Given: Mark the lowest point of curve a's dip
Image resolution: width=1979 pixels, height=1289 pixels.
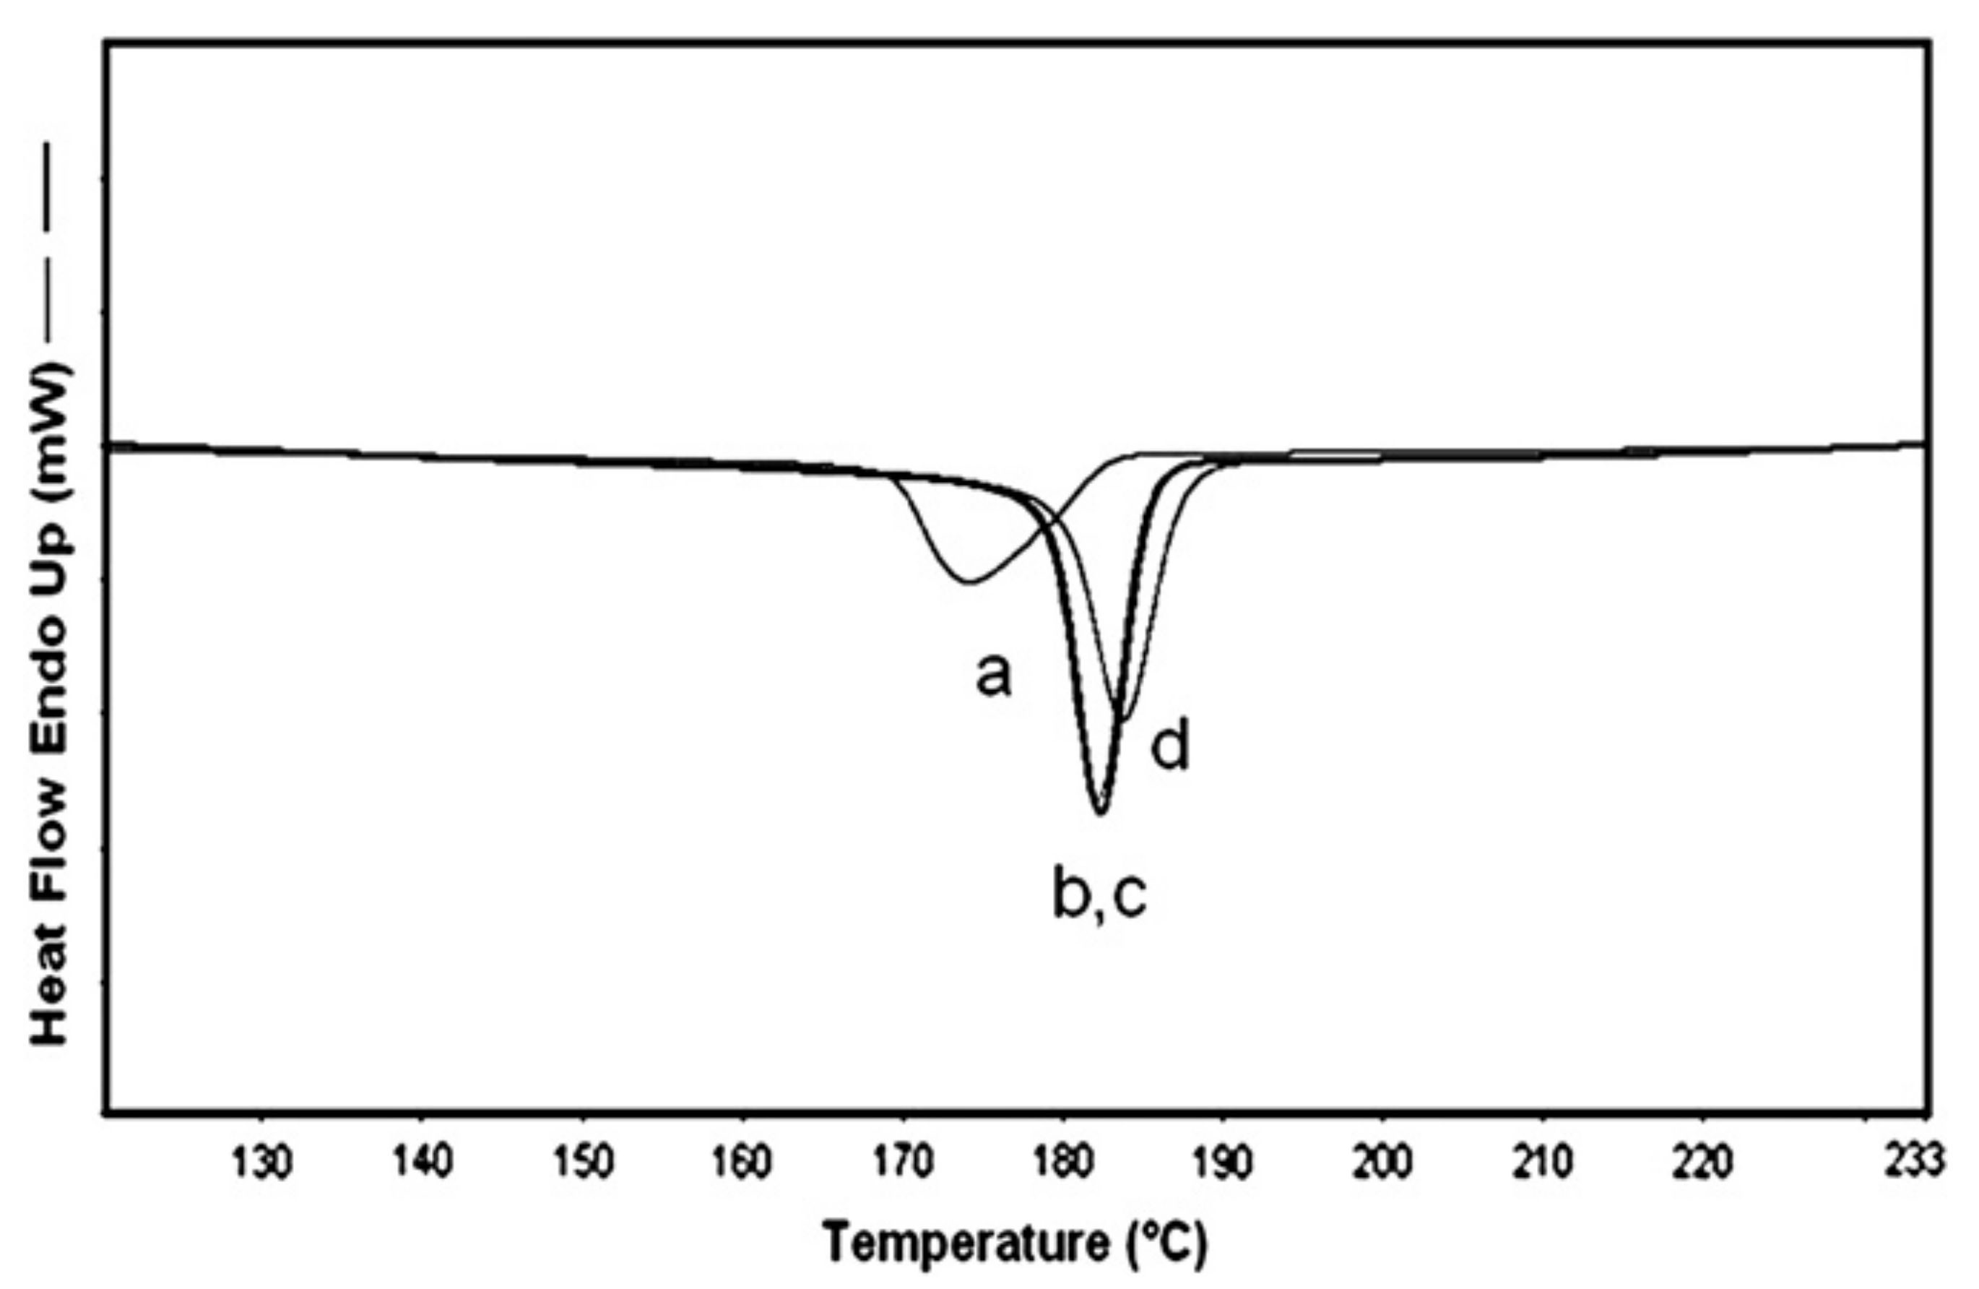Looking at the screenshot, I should pos(969,583).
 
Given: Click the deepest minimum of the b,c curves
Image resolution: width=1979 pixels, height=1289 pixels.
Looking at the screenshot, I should pos(1100,814).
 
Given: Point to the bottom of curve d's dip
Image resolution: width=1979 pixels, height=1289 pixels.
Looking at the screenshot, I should pos(1125,720).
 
